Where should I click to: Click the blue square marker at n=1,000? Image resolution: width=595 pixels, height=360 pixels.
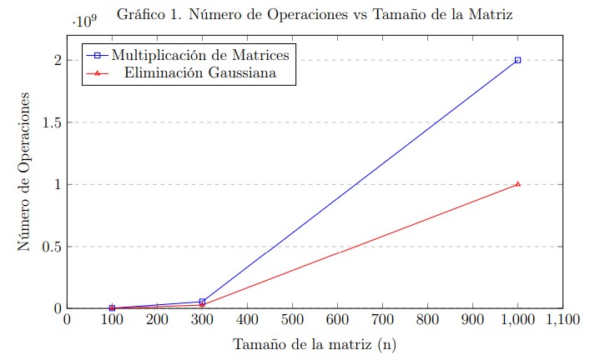517,60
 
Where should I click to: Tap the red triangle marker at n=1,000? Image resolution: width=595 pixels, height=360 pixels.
517,184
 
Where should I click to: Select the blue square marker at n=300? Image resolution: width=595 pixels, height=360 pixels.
202,302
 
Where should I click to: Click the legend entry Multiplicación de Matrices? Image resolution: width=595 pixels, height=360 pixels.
200,55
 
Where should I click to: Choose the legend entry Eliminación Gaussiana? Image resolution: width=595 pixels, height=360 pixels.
200,73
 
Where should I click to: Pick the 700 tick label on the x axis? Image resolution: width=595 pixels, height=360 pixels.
382,319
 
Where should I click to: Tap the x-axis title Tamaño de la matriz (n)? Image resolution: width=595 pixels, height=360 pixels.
314,343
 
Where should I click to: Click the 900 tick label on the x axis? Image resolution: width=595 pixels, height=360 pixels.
472,319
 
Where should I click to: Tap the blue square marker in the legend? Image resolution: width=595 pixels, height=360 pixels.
98,55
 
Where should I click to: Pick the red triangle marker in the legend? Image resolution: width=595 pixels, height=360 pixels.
98,73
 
